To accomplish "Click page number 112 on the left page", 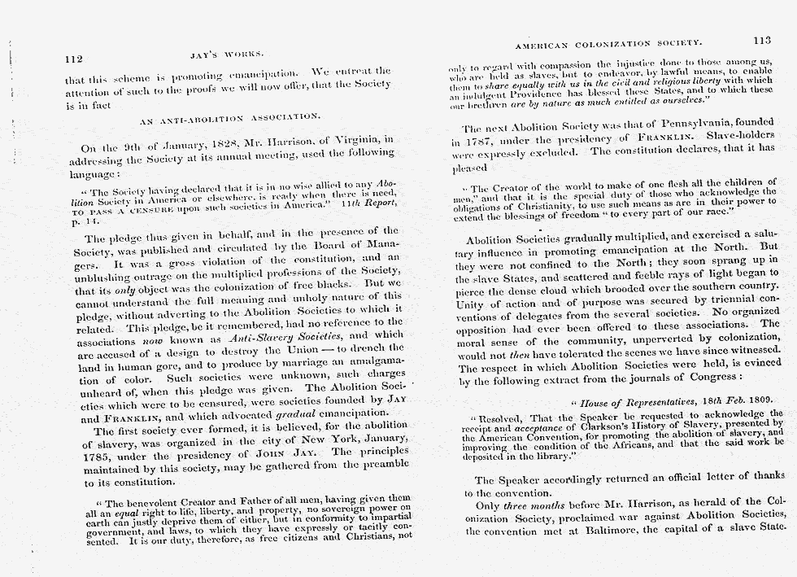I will tap(75, 59).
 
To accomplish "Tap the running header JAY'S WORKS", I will tap(226, 56).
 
